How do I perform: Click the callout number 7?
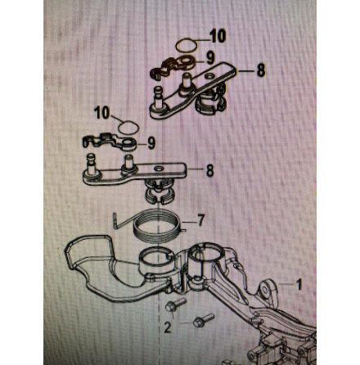[201, 220]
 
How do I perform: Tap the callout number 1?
[299, 285]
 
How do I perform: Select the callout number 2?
[167, 327]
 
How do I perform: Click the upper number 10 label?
[218, 36]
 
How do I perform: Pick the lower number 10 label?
[102, 113]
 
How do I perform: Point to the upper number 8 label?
[261, 70]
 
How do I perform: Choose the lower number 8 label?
[209, 170]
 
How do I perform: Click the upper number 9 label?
[210, 58]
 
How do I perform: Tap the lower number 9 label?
[151, 143]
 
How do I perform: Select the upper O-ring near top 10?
[187, 45]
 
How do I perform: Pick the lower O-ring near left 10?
[128, 128]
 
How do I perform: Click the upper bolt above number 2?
[176, 304]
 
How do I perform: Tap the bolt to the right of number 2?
[204, 321]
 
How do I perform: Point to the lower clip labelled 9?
[110, 142]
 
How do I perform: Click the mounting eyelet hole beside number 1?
[265, 290]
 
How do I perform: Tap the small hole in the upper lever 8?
[209, 75]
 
